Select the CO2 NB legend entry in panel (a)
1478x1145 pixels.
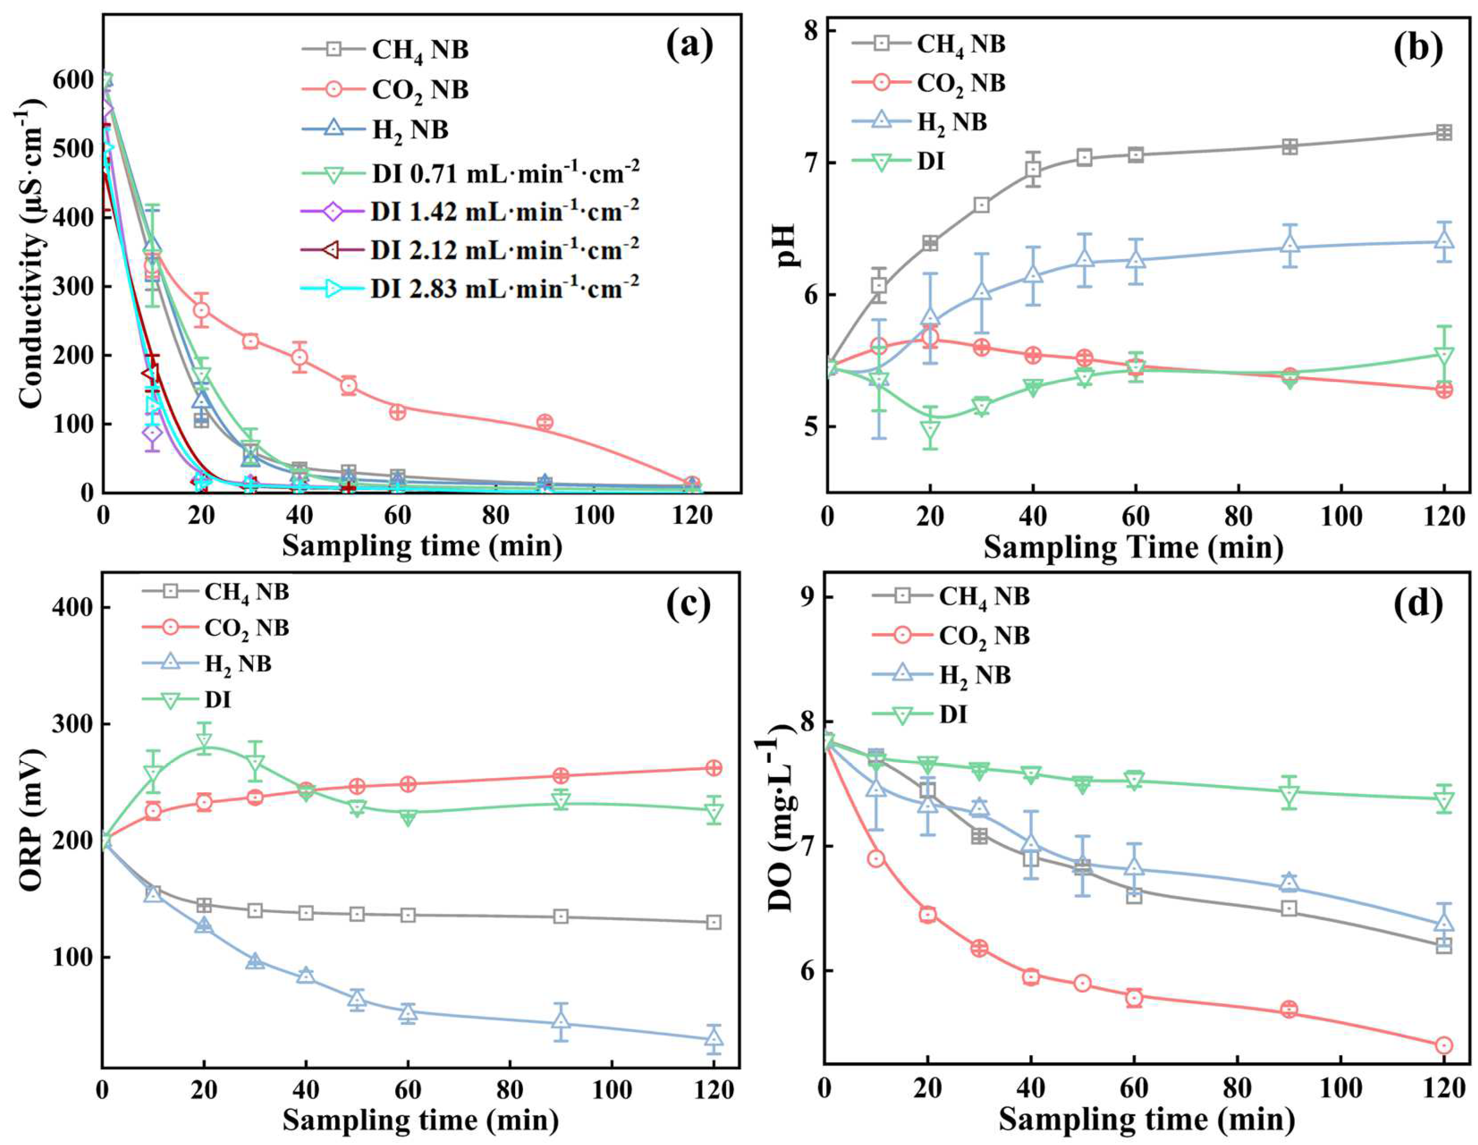(419, 90)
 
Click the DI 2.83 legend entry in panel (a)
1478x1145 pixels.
(504, 289)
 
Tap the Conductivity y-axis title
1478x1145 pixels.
(31, 254)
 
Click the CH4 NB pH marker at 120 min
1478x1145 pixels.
(1443, 133)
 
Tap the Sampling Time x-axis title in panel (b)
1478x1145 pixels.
(1133, 547)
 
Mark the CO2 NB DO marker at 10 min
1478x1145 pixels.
(875, 859)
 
